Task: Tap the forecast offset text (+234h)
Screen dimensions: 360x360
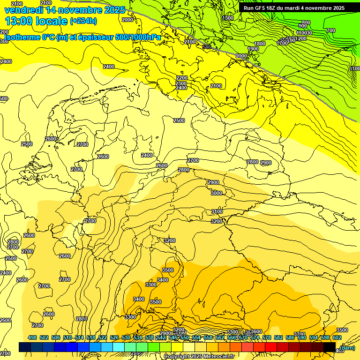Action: pos(83,21)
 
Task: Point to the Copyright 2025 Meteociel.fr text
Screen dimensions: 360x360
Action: pos(199,356)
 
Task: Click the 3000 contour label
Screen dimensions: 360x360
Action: pos(217,193)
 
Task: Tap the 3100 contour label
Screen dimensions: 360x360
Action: pos(217,211)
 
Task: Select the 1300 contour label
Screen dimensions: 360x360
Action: pos(228,18)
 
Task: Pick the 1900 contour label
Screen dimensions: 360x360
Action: pos(253,49)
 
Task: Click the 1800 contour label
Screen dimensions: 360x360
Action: pos(260,44)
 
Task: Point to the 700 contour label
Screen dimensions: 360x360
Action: pos(331,30)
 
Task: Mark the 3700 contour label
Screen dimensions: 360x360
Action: pos(300,334)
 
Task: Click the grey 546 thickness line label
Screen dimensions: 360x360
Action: pos(207,47)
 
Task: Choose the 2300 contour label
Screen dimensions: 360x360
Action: pos(181,83)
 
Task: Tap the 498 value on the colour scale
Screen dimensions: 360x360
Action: pos(32,337)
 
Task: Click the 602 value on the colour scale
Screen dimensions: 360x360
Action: pos(337,337)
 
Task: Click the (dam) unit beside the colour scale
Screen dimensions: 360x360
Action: pos(347,347)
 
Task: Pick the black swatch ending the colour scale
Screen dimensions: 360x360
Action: pos(330,347)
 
